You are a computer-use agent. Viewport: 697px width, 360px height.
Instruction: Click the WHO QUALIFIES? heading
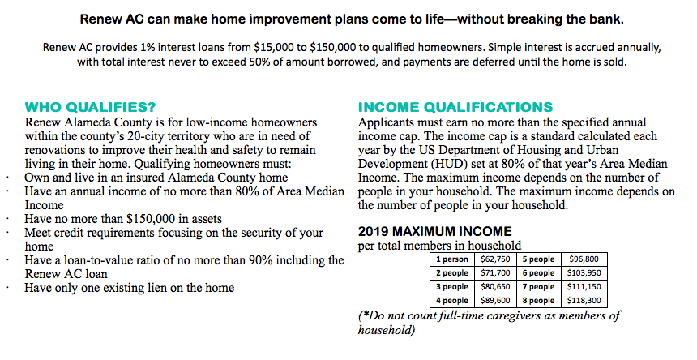(x=90, y=108)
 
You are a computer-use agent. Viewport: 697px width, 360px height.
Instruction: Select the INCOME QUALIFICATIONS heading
(x=455, y=108)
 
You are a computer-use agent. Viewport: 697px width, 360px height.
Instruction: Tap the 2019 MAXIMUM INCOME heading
(x=434, y=232)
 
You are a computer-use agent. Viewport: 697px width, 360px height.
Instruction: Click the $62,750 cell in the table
(x=495, y=259)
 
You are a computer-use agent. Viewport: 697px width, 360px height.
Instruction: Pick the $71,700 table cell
(x=495, y=273)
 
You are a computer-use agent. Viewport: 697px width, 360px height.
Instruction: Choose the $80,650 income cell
(x=495, y=287)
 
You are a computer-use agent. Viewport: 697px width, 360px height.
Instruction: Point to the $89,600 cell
(x=495, y=301)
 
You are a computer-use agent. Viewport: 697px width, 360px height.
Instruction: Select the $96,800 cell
(x=584, y=259)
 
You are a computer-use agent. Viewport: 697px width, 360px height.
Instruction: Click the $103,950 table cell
(x=584, y=273)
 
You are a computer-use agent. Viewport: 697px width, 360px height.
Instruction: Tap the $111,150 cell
(x=584, y=287)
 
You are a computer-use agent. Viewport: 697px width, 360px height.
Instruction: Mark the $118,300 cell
(x=584, y=301)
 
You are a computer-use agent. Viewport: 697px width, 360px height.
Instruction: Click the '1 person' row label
(x=452, y=259)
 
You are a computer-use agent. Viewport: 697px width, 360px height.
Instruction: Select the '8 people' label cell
(x=538, y=301)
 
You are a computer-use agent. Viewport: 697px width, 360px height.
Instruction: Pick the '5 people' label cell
(x=538, y=259)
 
